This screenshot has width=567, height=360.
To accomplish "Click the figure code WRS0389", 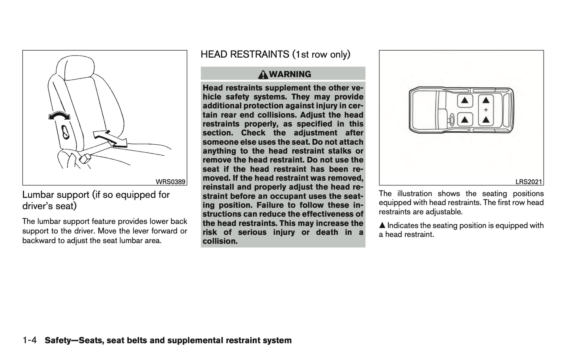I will click(x=170, y=182).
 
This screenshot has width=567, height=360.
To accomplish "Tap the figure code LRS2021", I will click(x=529, y=182).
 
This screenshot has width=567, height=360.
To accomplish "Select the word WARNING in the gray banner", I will click(x=290, y=74).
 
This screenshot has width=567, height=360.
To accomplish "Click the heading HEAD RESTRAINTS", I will click(x=245, y=54).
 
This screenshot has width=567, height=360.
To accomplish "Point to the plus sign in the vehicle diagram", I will click(x=486, y=110).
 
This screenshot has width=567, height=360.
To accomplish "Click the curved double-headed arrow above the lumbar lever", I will click(x=59, y=115).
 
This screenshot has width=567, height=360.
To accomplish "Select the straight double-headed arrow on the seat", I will click(x=110, y=139).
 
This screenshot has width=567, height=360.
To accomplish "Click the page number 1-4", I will click(x=30, y=340).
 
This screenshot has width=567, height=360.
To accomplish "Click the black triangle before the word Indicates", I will click(x=382, y=225).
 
